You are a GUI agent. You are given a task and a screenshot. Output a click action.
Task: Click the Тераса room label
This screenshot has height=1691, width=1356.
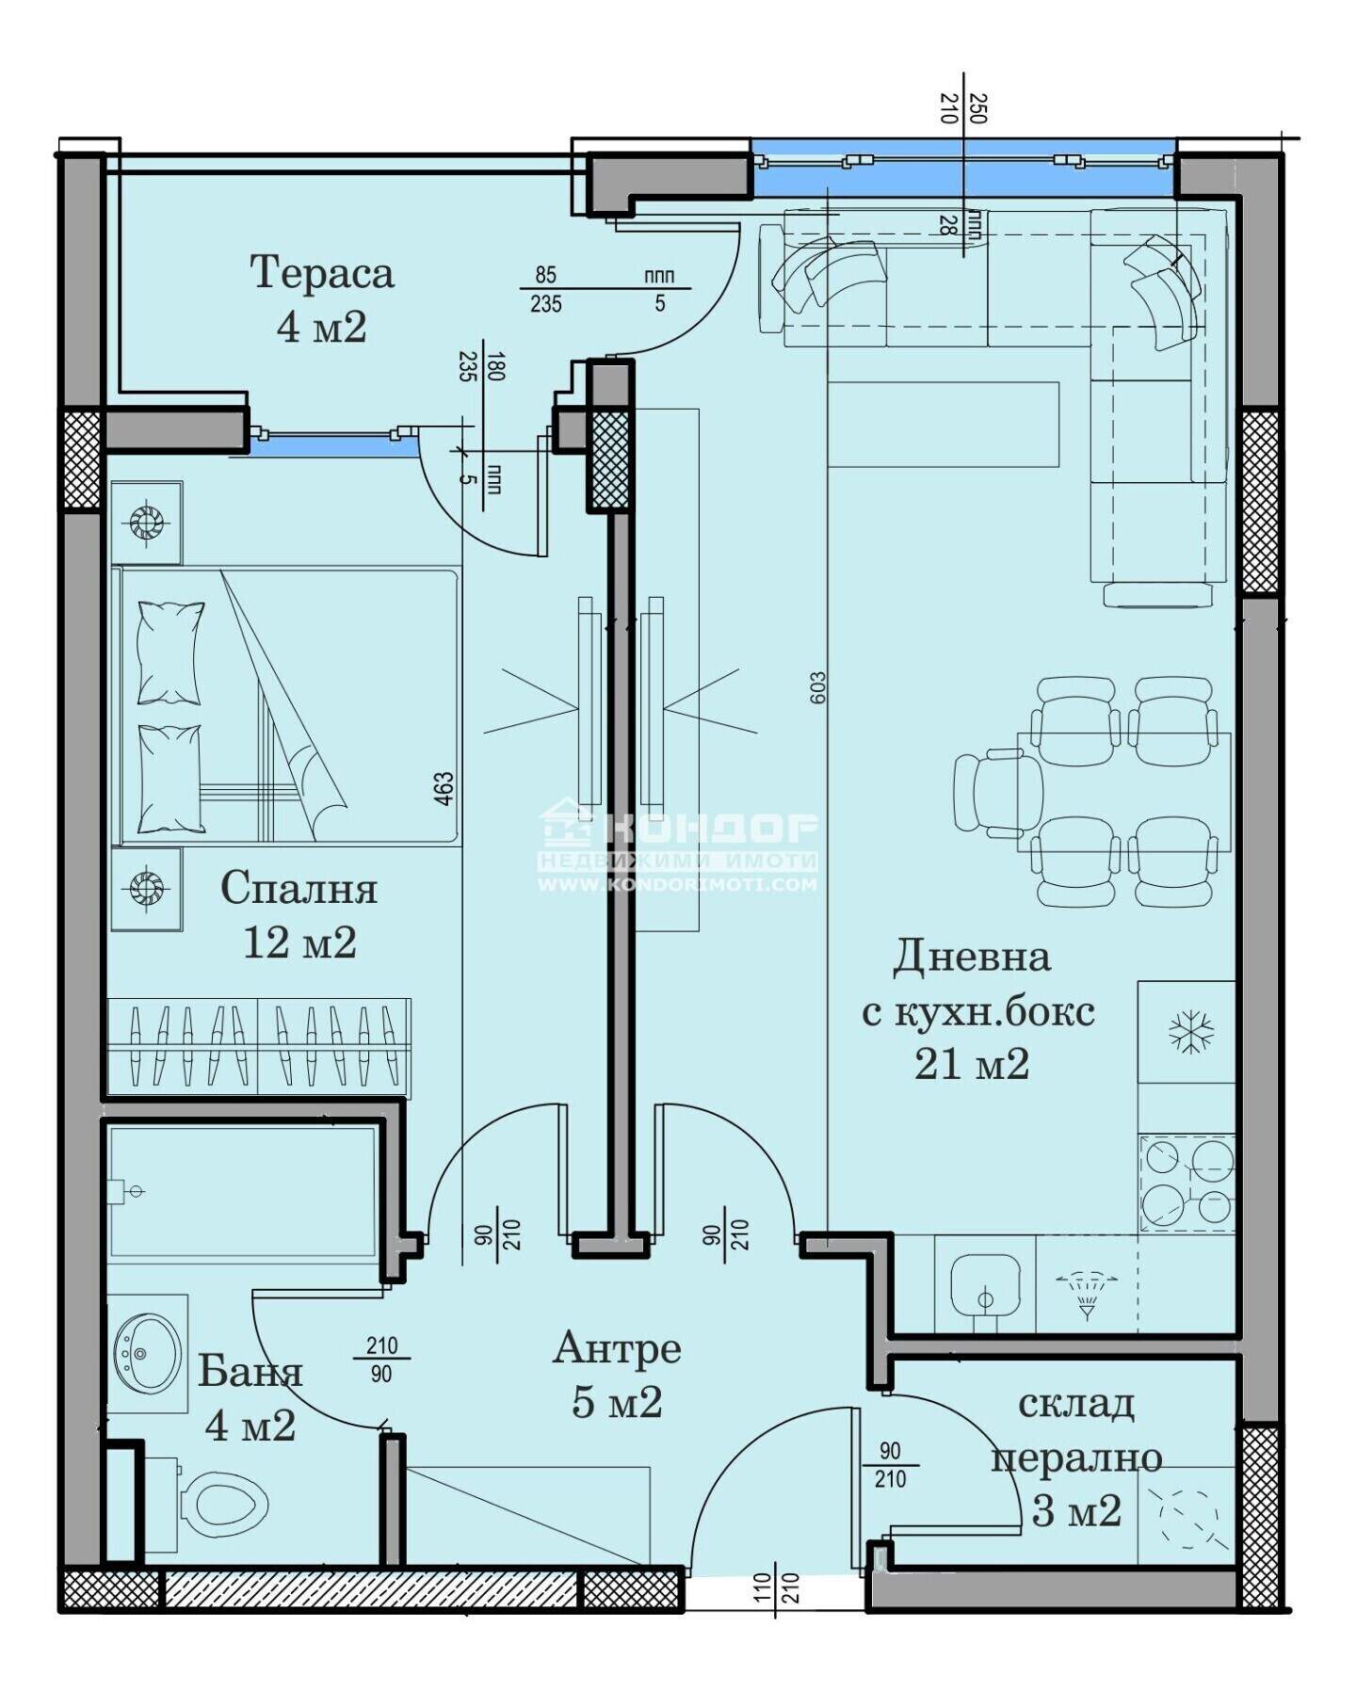tap(321, 273)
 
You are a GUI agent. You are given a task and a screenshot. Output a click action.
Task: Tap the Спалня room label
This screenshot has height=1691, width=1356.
tap(299, 888)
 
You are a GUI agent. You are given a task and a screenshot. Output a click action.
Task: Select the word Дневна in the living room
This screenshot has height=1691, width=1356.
tap(971, 957)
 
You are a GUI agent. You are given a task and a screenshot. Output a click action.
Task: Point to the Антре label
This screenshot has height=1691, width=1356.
tap(617, 1348)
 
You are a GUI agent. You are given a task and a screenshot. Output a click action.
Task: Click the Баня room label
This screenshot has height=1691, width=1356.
tap(250, 1372)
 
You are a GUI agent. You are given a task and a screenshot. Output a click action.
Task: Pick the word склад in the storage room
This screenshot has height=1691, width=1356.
tap(1075, 1404)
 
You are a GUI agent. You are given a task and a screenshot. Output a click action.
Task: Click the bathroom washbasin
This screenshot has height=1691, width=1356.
tap(147, 1353)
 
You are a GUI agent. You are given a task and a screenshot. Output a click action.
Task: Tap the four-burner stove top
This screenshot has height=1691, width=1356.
tap(1186, 1184)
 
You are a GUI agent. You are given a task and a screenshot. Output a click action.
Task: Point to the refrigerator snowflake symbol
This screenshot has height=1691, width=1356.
tap(1191, 1031)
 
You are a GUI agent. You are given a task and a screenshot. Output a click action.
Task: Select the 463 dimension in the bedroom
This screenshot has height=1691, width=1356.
tap(444, 789)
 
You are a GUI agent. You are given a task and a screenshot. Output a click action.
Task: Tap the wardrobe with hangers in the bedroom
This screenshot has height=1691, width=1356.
tap(259, 1046)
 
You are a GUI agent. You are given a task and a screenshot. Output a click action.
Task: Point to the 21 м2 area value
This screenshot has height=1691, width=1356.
tap(972, 1064)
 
